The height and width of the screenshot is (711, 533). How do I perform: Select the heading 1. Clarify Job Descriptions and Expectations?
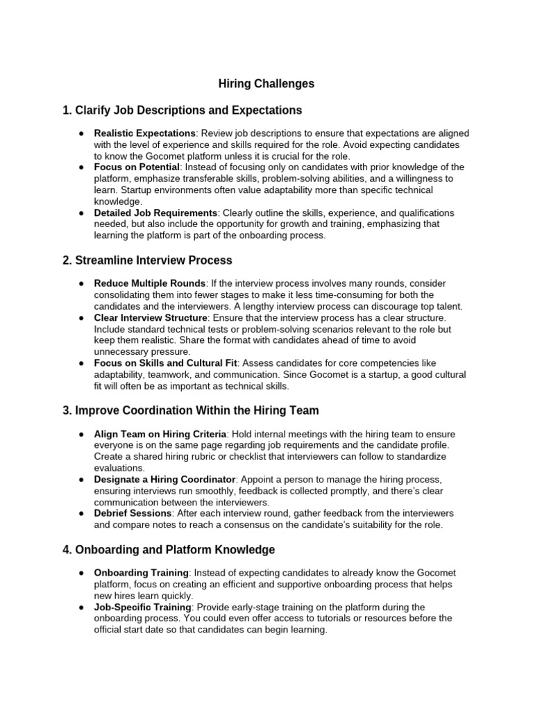pyautogui.click(x=182, y=110)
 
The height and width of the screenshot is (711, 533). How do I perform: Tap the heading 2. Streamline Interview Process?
pyautogui.click(x=147, y=260)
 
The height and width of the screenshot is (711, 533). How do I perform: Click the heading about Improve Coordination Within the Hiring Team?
pyautogui.click(x=191, y=411)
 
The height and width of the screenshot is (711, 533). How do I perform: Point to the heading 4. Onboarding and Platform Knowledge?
pyautogui.click(x=169, y=550)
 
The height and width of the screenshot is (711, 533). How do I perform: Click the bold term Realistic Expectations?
pyautogui.click(x=145, y=133)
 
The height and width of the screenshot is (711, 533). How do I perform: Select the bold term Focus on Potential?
pyautogui.click(x=137, y=167)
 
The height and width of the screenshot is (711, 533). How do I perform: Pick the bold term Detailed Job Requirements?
pyautogui.click(x=155, y=213)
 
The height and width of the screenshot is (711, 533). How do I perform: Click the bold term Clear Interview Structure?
pyautogui.click(x=151, y=317)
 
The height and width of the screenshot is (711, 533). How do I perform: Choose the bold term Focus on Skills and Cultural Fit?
pyautogui.click(x=166, y=363)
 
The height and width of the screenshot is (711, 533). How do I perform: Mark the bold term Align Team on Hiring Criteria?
pyautogui.click(x=162, y=434)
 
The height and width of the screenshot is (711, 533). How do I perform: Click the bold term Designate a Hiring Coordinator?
pyautogui.click(x=165, y=480)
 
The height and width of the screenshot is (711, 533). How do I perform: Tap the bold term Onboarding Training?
pyautogui.click(x=142, y=573)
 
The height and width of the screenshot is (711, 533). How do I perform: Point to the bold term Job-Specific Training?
pyautogui.click(x=142, y=607)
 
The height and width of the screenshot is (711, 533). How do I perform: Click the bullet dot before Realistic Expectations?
pyautogui.click(x=81, y=133)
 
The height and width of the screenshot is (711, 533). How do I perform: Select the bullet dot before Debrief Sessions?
pyautogui.click(x=81, y=514)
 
